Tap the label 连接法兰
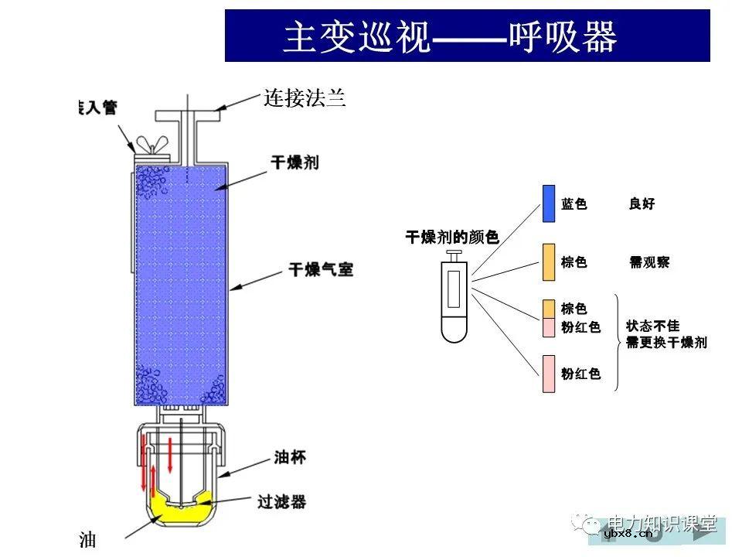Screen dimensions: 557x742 [304, 99]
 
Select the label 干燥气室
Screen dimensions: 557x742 [321, 270]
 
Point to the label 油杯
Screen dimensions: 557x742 [290, 458]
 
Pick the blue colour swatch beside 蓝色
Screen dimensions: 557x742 [549, 203]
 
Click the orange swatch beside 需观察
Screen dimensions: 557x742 [549, 262]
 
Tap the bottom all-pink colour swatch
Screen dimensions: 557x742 [549, 374]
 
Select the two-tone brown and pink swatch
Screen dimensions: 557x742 [549, 318]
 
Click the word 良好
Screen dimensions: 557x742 [642, 204]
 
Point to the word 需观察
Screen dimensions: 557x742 [649, 262]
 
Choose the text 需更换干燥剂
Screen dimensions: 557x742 [666, 343]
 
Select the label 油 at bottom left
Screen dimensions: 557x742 [87, 540]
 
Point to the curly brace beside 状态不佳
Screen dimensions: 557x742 [618, 341]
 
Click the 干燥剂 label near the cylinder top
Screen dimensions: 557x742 [294, 162]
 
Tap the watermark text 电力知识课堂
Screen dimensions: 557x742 [663, 522]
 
